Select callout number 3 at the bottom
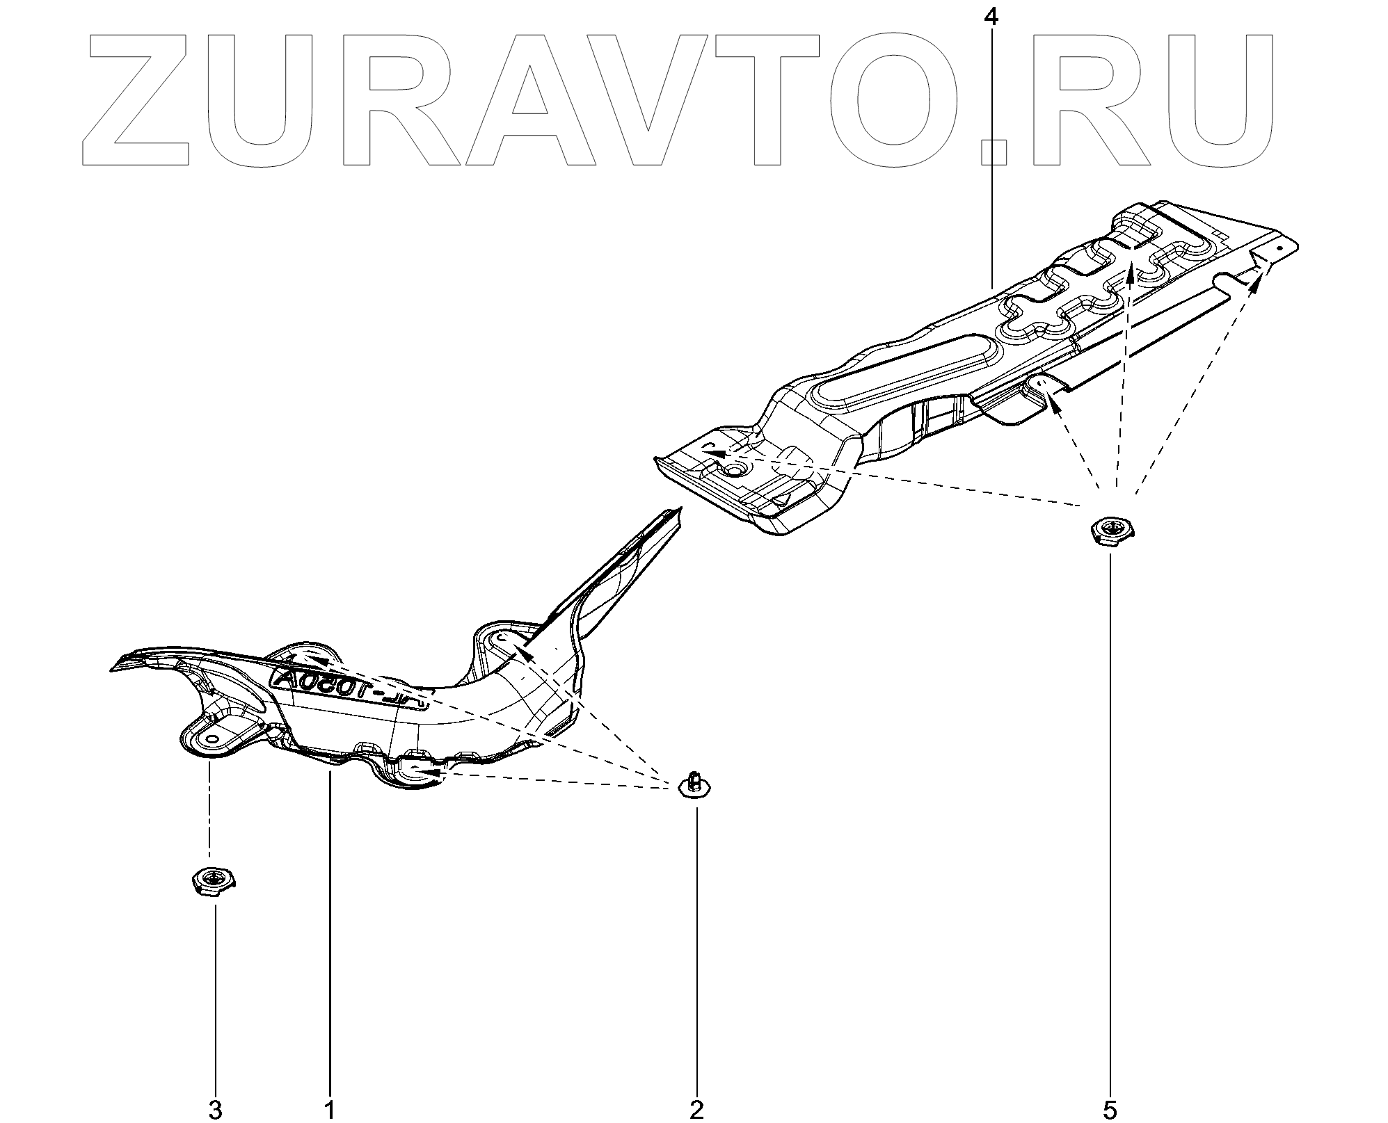point(216,1110)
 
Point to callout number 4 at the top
point(991,17)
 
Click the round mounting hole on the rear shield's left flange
point(735,470)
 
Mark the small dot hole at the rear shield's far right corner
point(1279,247)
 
